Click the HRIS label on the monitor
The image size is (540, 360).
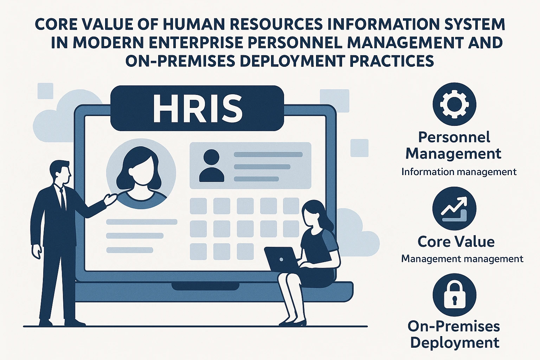point(197,108)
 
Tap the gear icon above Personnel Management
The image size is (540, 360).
point(455,104)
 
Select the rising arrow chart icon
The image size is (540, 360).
point(455,208)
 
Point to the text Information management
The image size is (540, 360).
point(459,172)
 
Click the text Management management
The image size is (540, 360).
point(462,259)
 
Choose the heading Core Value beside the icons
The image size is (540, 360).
point(456,242)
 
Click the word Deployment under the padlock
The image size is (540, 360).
point(455,343)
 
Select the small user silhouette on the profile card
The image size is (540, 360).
point(211,166)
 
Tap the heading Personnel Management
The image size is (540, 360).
point(454,145)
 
